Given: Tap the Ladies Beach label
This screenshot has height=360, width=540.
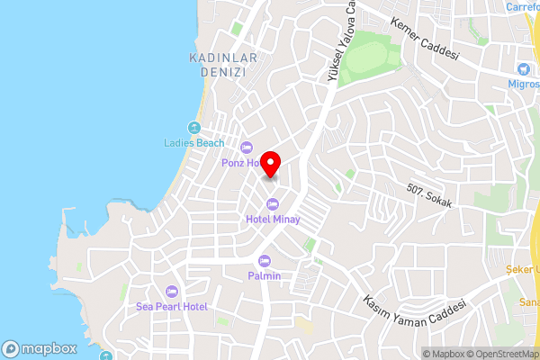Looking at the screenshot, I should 193,142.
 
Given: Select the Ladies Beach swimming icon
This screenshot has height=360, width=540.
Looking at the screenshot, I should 193,127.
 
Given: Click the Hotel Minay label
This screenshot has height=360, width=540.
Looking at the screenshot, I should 272,219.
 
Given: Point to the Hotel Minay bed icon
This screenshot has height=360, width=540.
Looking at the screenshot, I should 272,203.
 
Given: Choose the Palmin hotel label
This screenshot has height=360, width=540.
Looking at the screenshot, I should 265,275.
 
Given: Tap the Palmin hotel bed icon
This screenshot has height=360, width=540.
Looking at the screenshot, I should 265,260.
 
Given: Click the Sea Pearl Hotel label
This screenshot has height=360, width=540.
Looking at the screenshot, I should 172,307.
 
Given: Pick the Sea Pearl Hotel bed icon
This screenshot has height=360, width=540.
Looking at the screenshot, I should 172,292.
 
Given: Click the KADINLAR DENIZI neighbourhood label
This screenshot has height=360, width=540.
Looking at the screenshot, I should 223,65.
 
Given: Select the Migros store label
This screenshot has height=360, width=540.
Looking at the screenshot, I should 524,84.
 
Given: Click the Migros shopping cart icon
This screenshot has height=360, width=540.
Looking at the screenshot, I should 524,68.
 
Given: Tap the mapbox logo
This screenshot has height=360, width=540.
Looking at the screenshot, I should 40,348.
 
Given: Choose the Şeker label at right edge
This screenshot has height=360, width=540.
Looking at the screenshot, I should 526,268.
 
